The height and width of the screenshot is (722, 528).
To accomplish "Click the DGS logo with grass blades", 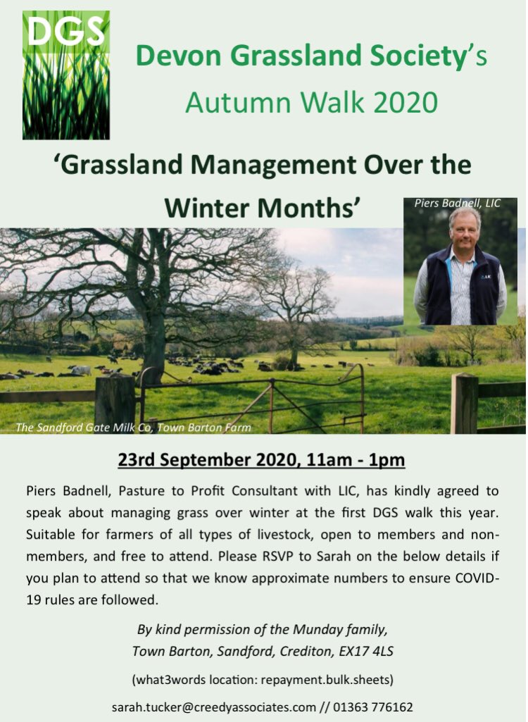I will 66,75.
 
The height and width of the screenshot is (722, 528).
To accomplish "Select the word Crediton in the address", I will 308,652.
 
